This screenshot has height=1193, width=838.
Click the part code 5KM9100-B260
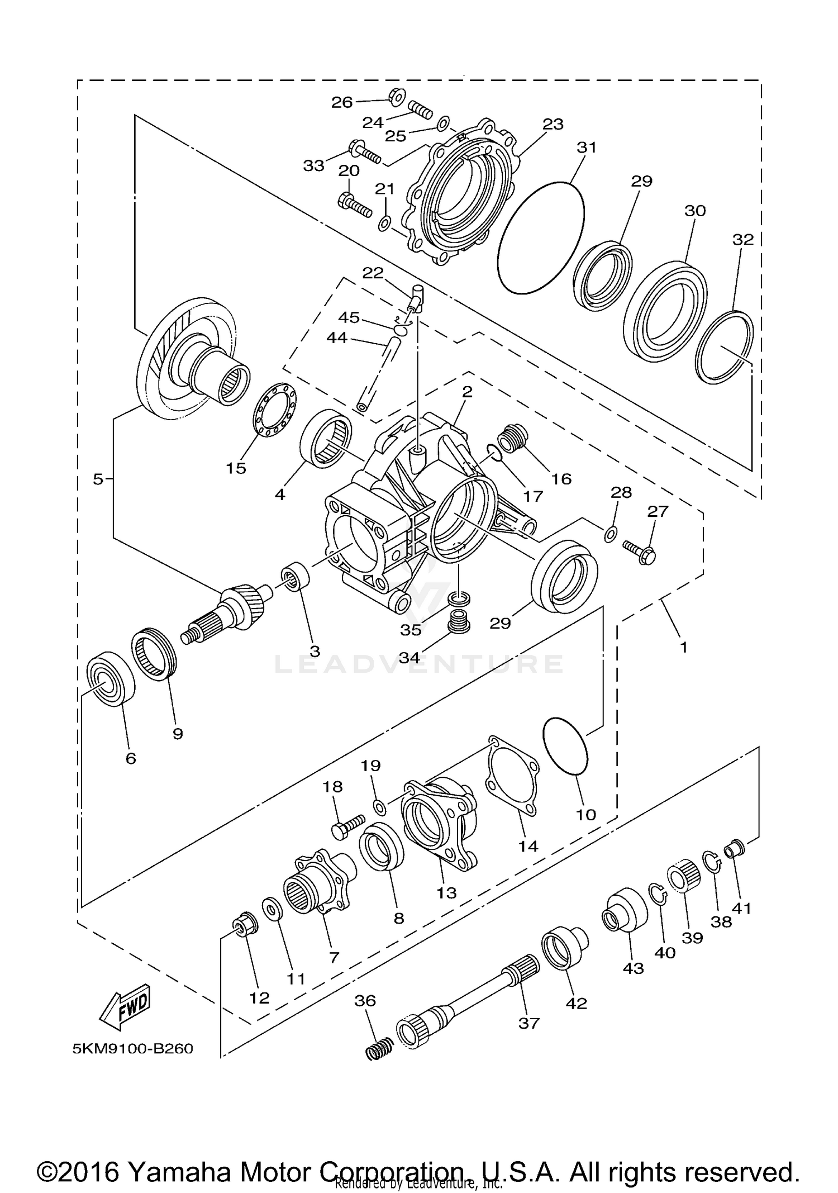(x=133, y=1049)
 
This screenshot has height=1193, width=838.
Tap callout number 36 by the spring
(x=365, y=1000)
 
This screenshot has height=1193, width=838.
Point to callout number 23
(x=553, y=124)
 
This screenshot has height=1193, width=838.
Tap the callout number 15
(x=236, y=468)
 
